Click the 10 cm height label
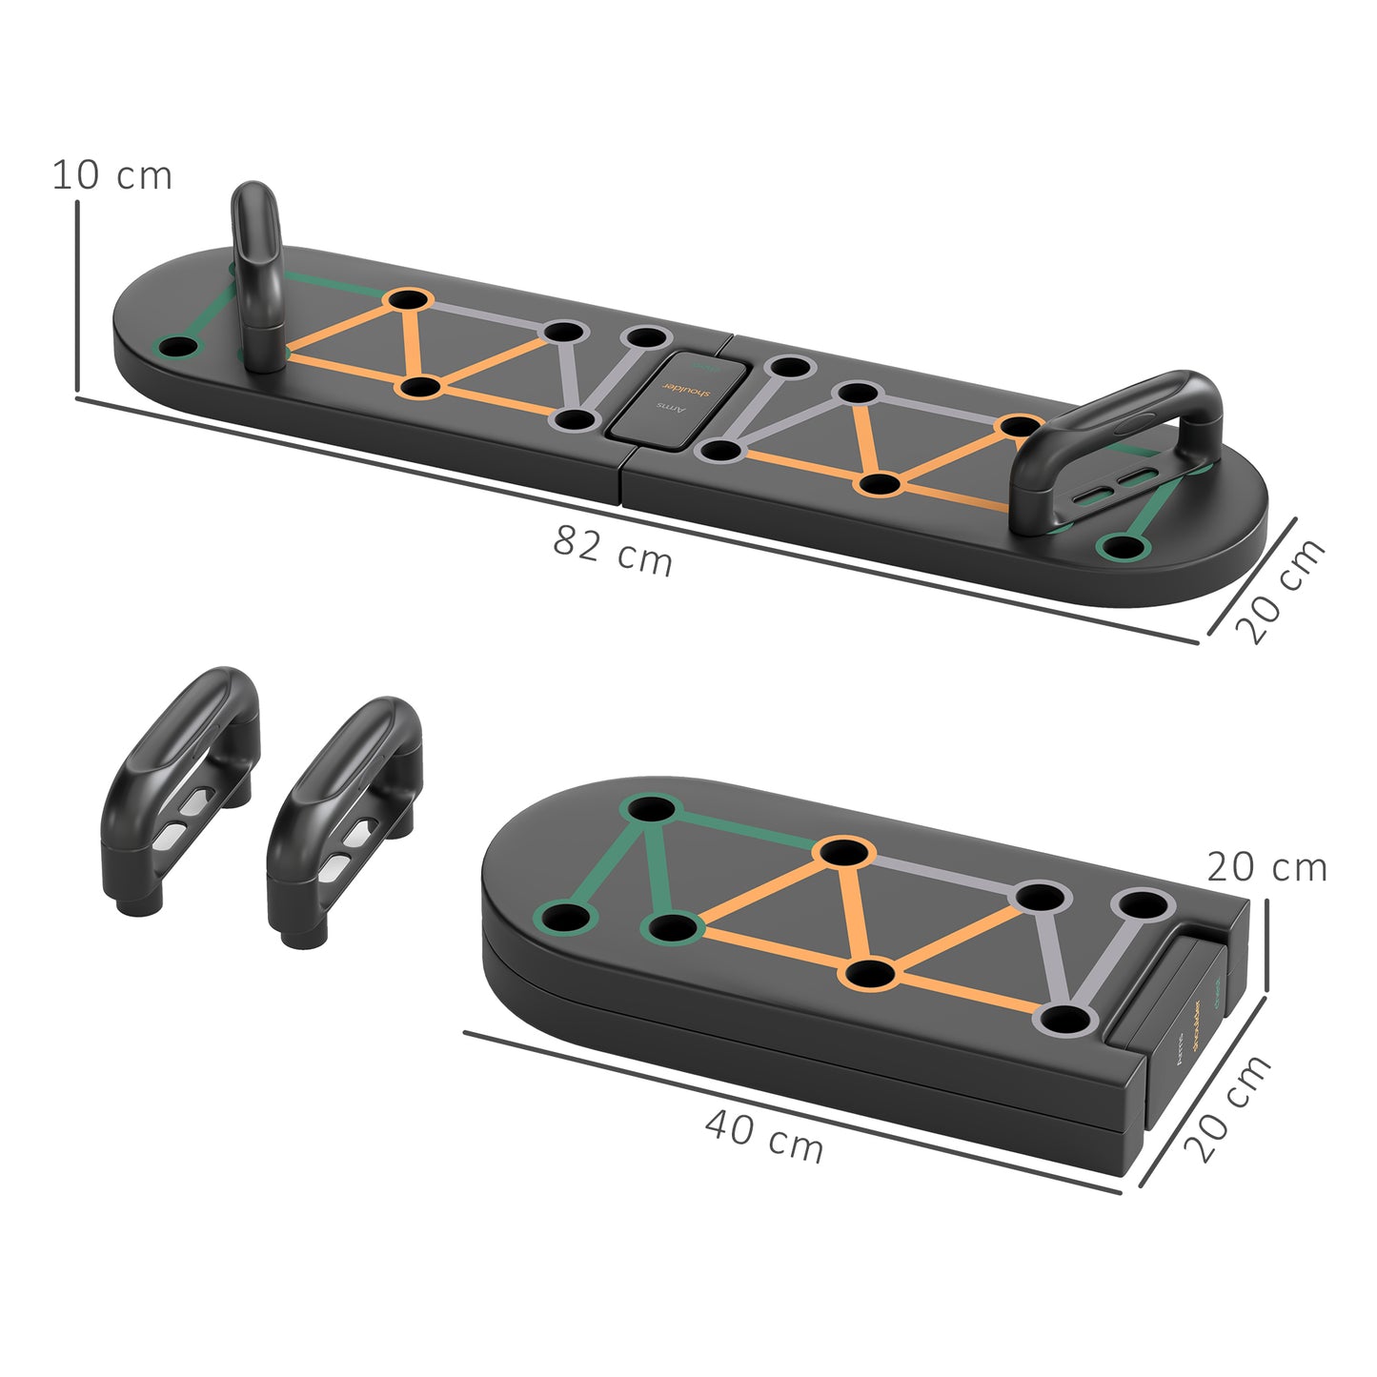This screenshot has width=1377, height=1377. [111, 175]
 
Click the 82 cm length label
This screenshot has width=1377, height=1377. [613, 552]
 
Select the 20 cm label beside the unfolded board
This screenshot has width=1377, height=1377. [1279, 592]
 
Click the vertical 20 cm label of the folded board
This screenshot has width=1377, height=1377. [1266, 868]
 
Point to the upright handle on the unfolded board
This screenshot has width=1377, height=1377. [257, 267]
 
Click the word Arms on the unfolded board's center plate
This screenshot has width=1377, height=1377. [672, 408]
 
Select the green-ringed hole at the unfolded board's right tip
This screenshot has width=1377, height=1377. [1123, 547]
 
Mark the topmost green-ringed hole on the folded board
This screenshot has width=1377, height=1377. [650, 809]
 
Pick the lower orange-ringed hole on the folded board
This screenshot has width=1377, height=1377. [871, 974]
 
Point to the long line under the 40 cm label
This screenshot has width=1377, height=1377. [791, 1111]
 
